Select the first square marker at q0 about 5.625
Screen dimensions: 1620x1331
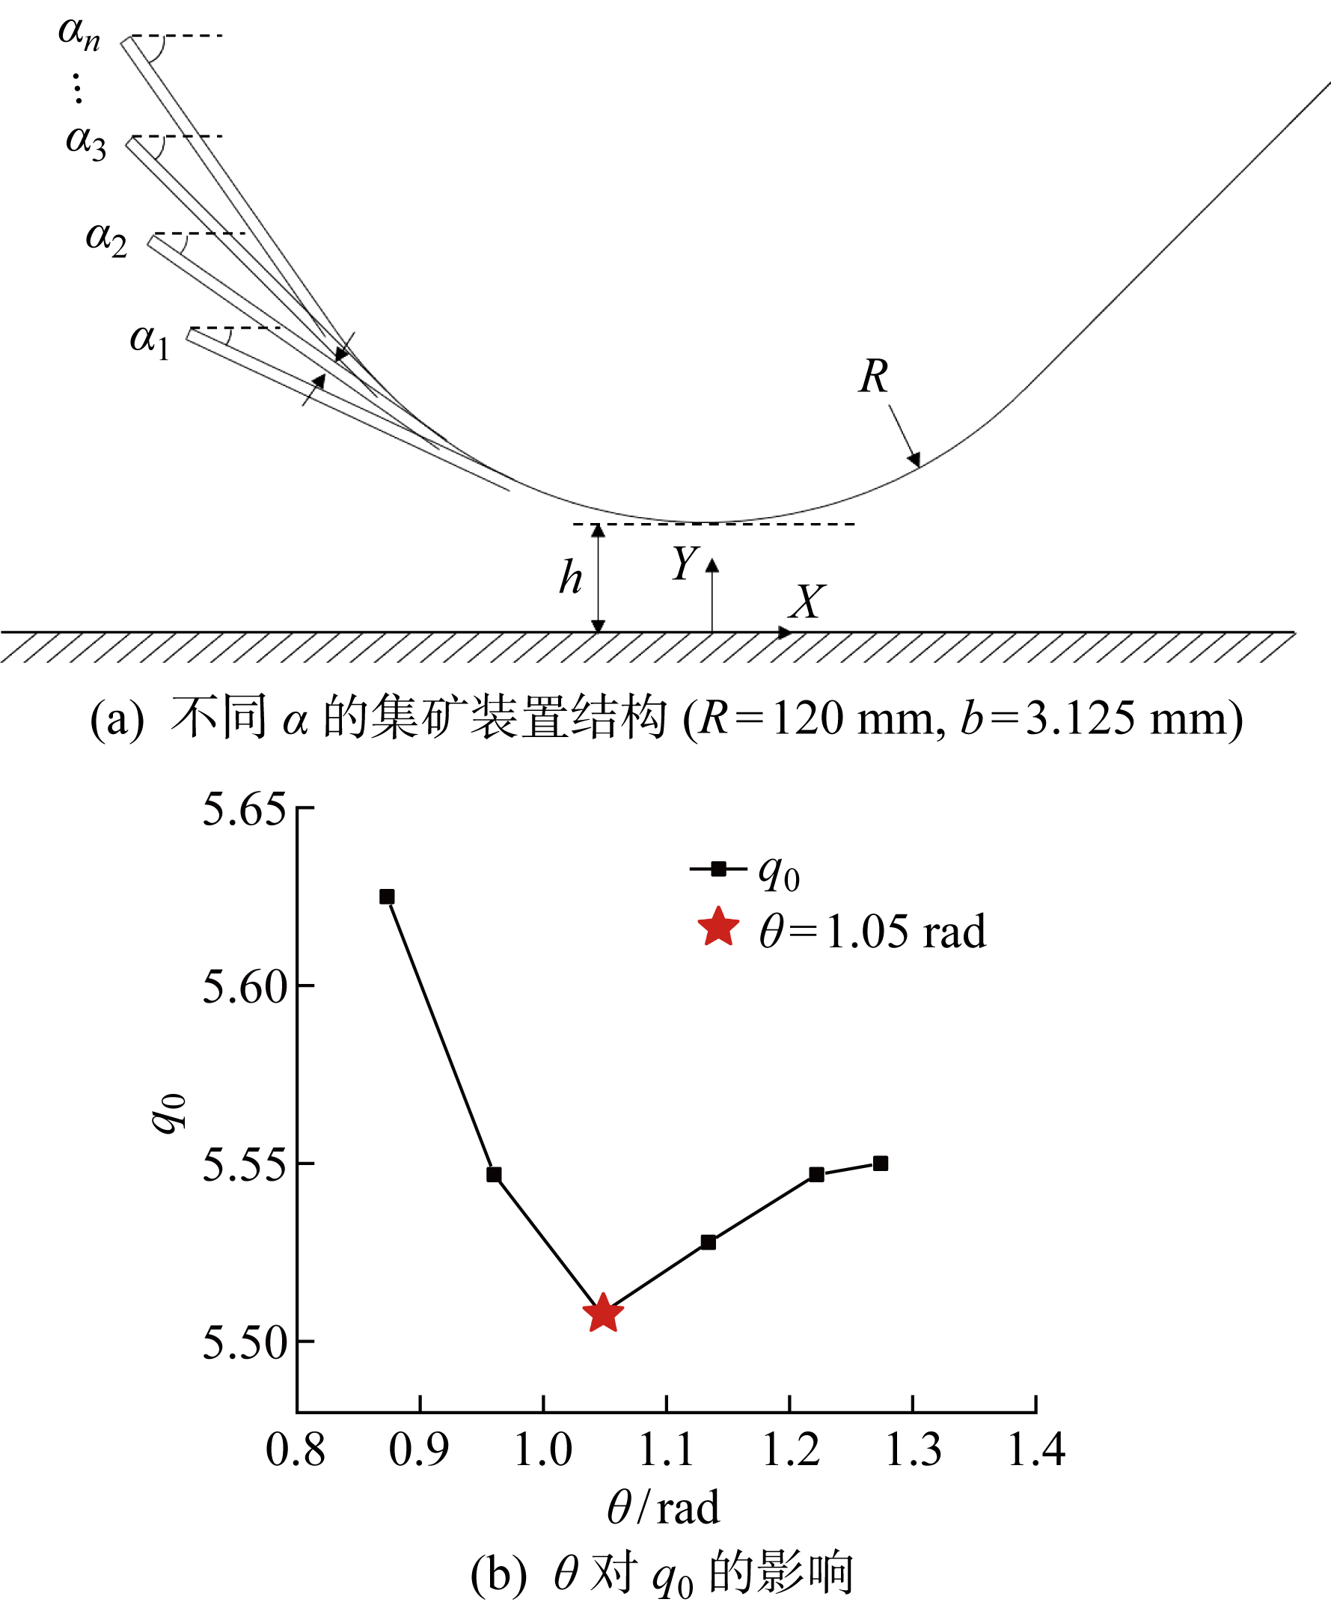(388, 897)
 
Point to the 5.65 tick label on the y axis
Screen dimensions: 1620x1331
(243, 809)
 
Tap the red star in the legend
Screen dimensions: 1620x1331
(718, 928)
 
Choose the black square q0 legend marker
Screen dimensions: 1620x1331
(718, 869)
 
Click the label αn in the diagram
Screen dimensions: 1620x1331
(79, 32)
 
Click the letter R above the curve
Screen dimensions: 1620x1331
(873, 376)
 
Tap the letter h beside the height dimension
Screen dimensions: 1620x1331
(570, 578)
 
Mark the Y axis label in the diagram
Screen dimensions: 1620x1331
(685, 563)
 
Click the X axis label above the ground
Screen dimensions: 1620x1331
(807, 601)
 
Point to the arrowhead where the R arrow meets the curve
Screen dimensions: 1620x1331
(915, 461)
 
